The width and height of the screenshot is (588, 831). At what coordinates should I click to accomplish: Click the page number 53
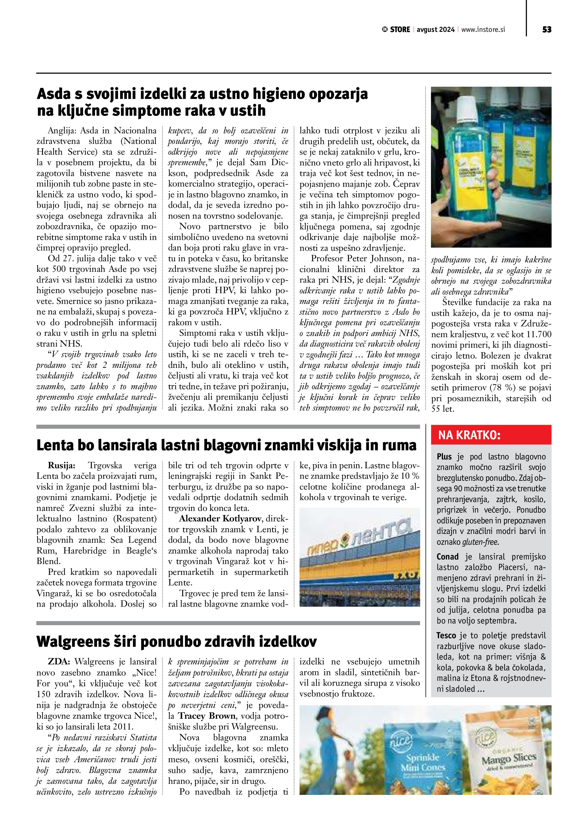(x=547, y=30)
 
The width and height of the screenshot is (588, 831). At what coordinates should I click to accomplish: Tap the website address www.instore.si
(x=483, y=30)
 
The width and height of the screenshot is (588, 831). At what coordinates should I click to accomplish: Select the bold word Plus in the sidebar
(x=444, y=457)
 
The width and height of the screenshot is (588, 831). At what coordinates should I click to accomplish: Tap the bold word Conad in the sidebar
(x=447, y=557)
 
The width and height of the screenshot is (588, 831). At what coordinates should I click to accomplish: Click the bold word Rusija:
(x=61, y=465)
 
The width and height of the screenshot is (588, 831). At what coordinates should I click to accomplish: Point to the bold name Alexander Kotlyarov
(x=221, y=519)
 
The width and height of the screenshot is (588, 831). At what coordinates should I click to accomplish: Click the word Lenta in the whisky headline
(x=55, y=445)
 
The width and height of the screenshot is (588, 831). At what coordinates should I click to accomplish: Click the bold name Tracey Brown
(x=207, y=716)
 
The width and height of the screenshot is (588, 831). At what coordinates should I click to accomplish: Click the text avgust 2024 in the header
(x=435, y=30)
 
